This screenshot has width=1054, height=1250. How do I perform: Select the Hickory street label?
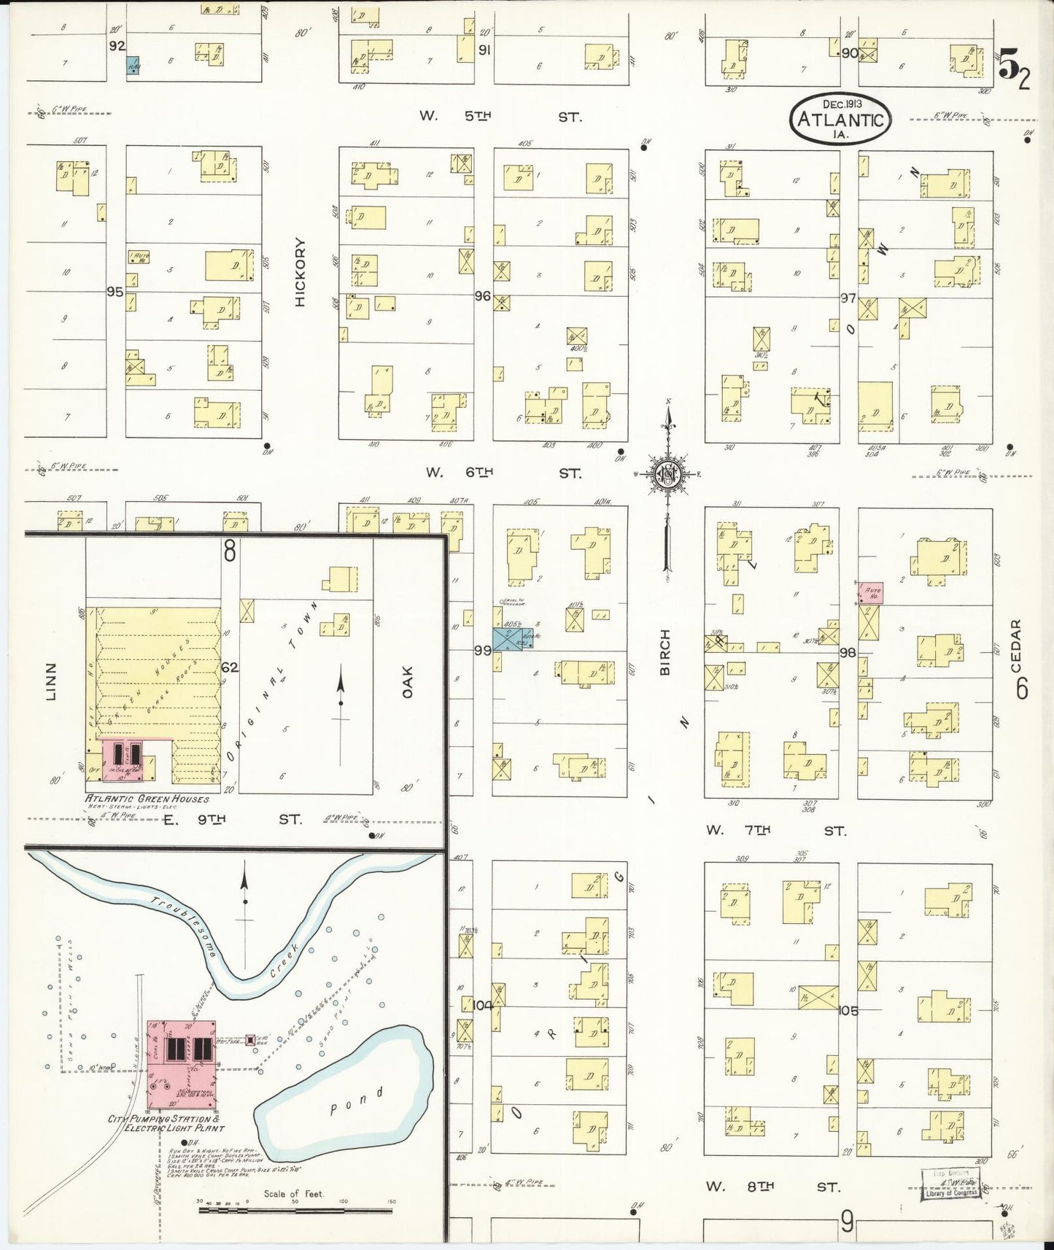point(301,272)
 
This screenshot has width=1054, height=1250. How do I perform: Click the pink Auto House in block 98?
point(872,593)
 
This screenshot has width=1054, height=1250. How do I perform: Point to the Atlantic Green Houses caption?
point(148,799)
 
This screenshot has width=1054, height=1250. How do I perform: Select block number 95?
point(115,292)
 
